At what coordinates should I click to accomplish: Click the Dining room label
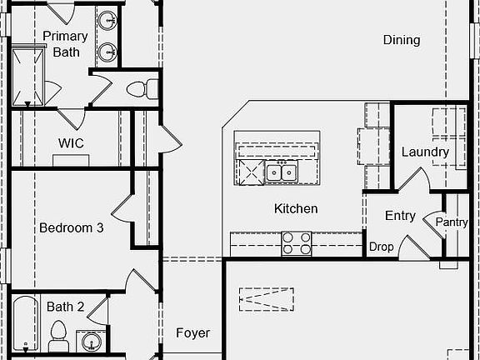pyautogui.click(x=402, y=40)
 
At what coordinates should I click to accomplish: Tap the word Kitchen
pyautogui.click(x=296, y=209)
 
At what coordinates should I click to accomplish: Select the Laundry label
pyautogui.click(x=425, y=152)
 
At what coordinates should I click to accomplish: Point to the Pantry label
pyautogui.click(x=452, y=222)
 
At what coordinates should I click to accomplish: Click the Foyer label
pyautogui.click(x=192, y=333)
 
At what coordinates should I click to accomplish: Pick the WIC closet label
pyautogui.click(x=71, y=143)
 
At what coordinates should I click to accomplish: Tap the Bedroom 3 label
pyautogui.click(x=72, y=227)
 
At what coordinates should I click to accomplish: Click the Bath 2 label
pyautogui.click(x=65, y=307)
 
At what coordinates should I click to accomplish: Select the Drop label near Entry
pyautogui.click(x=381, y=247)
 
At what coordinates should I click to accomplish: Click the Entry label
pyautogui.click(x=400, y=216)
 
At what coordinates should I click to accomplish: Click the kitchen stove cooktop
pyautogui.click(x=297, y=243)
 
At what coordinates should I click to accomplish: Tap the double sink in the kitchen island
pyautogui.click(x=282, y=172)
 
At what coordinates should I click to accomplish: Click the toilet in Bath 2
pyautogui.click(x=58, y=336)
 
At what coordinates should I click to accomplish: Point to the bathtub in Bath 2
pyautogui.click(x=26, y=323)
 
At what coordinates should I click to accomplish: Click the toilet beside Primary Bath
pyautogui.click(x=142, y=89)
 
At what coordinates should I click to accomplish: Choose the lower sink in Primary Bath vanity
pyautogui.click(x=107, y=52)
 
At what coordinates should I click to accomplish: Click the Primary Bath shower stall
pyautogui.click(x=27, y=77)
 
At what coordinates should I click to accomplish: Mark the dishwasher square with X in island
pyautogui.click(x=252, y=172)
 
